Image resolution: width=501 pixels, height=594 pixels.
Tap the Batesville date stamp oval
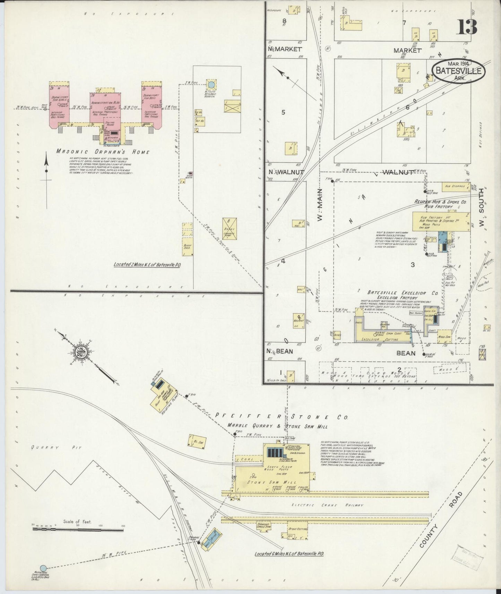pyautogui.click(x=458, y=71)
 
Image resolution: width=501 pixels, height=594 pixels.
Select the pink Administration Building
pyautogui.click(x=105, y=107)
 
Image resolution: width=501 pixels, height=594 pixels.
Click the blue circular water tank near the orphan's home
pyautogui.click(x=210, y=84)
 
